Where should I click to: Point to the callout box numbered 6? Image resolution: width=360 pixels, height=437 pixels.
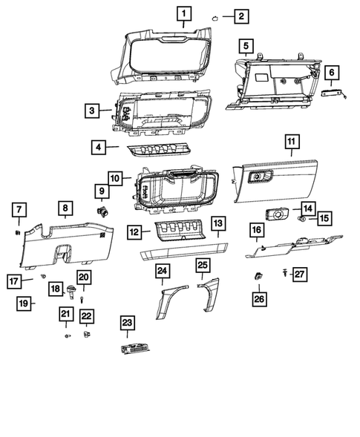tap(331, 72)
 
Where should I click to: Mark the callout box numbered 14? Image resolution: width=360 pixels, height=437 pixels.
tap(307, 210)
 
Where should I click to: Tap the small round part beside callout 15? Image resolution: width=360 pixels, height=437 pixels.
tap(302, 220)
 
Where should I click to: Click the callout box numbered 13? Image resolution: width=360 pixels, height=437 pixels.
tap(217, 223)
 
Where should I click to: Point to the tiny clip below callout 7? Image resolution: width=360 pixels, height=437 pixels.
tap(18, 231)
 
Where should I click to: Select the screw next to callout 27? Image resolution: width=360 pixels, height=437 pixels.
tap(287, 274)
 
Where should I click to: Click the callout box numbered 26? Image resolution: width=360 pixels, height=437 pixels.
tap(258, 299)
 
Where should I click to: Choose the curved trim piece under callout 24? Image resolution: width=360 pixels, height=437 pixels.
tap(165, 300)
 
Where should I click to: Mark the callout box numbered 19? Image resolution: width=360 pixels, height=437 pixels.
tap(24, 303)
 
